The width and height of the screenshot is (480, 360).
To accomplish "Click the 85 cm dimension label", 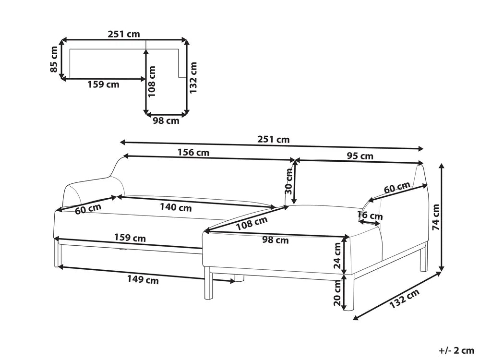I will (55, 60).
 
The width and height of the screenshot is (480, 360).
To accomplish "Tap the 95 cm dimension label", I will (360, 156).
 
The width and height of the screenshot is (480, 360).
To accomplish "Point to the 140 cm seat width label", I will (175, 208).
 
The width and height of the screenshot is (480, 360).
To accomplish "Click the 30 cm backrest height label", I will (288, 182).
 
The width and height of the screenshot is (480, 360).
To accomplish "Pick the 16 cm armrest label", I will (371, 216).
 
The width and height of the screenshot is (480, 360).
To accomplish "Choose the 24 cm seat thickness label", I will (338, 255).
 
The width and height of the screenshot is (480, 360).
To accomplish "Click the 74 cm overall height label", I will (436, 218).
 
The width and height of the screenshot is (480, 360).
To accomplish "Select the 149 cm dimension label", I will (143, 280).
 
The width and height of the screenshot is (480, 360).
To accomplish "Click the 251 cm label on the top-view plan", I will (124, 34).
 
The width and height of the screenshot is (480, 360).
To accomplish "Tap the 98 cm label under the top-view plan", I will (166, 121).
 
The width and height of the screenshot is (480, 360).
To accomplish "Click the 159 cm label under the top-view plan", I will (103, 85).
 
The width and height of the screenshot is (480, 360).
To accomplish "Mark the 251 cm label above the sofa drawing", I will (274, 140).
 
